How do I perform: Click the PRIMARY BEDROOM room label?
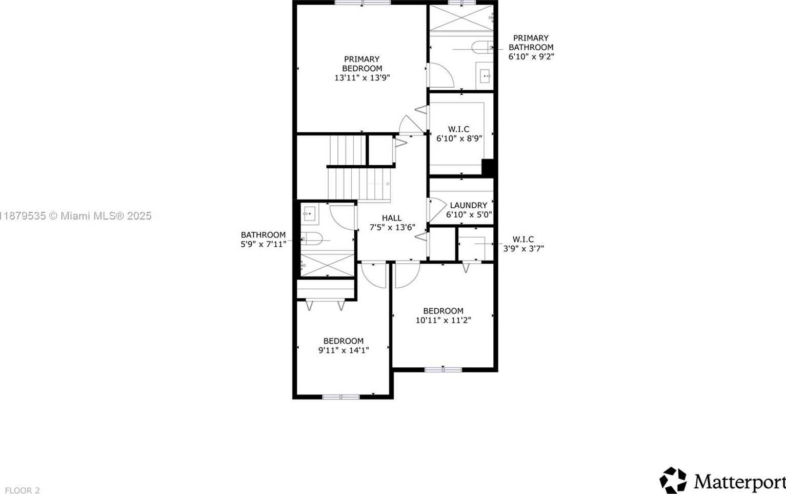pos(362,64)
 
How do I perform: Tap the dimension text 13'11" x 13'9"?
pos(362,77)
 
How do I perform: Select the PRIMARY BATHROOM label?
pos(531,43)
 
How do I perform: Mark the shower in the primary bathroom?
pos(461,18)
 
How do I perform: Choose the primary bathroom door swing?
pos(441,75)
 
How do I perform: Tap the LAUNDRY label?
pos(469,205)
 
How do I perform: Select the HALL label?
pos(392,218)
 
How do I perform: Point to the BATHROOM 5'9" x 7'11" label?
pos(263,240)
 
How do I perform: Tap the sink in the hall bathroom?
pos(310,214)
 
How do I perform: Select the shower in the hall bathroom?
pos(328,265)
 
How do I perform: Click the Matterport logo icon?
pos(673,480)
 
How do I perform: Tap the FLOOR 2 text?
pos(23,490)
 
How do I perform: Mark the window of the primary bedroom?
pos(362,3)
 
